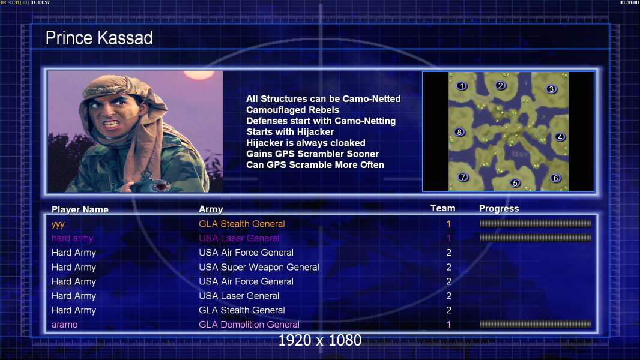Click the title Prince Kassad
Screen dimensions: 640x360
pos(99,38)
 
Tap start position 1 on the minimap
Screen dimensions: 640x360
pos(462,86)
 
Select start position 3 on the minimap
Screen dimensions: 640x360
pos(551,89)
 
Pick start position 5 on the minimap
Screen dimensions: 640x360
pos(515,182)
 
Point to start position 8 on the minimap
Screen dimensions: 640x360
pos(460,132)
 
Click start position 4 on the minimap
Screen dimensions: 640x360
pos(560,137)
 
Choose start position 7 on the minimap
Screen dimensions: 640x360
pos(463,177)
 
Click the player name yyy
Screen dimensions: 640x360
pos(58,224)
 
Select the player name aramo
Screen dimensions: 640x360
pos(64,325)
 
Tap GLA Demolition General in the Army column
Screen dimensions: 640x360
pos(249,325)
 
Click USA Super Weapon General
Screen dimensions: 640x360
pos(259,267)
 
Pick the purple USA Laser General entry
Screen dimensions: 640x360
pos(239,238)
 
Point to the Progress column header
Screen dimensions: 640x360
pos(499,208)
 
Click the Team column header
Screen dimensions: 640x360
pos(443,208)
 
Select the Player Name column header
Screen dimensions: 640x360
pos(80,209)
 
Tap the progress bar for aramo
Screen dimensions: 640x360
pos(536,325)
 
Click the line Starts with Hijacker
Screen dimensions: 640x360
pos(290,131)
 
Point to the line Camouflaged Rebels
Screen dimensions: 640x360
pos(292,110)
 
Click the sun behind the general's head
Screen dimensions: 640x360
pos(199,75)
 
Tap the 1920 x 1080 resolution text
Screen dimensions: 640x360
pos(319,340)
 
